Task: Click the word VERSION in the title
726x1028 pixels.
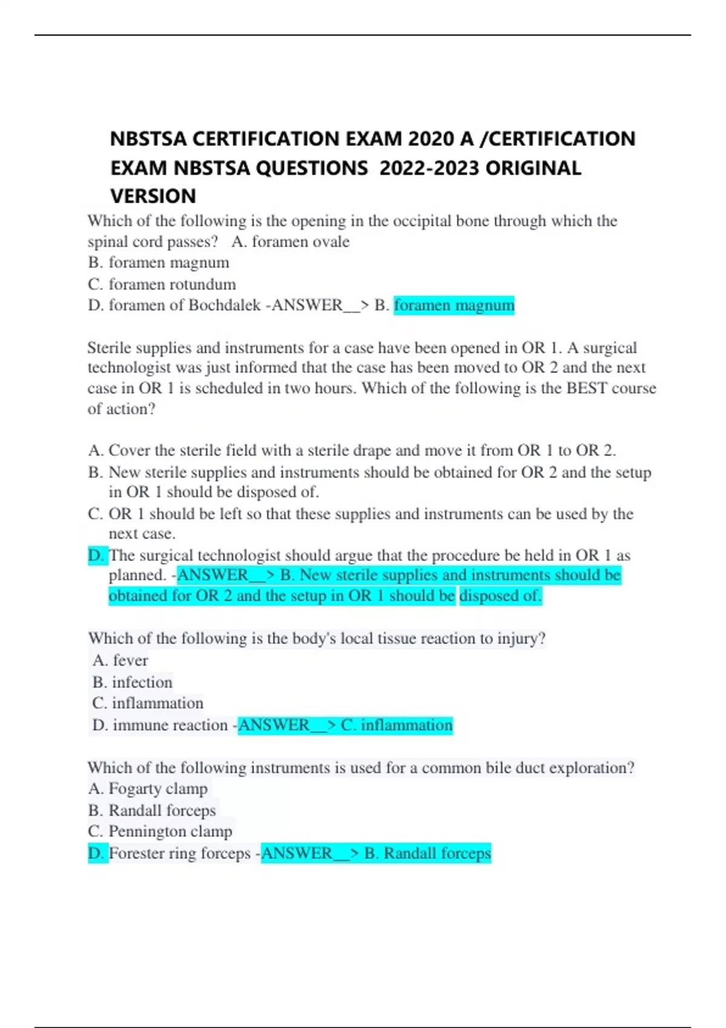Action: click(x=153, y=196)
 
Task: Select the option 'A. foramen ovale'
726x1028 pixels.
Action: click(x=290, y=242)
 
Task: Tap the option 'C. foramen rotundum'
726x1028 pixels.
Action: click(x=162, y=284)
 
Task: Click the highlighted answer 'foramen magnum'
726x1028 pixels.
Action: click(x=454, y=305)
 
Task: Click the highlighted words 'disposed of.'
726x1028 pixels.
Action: click(x=500, y=596)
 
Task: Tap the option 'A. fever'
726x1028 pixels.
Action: click(x=120, y=660)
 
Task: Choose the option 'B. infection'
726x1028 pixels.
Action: click(x=132, y=682)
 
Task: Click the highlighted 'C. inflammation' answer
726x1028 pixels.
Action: click(x=396, y=725)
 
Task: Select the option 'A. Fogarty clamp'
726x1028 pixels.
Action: click(x=148, y=789)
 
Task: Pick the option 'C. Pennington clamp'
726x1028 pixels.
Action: click(x=160, y=831)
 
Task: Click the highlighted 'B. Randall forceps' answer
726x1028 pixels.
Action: click(x=427, y=853)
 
